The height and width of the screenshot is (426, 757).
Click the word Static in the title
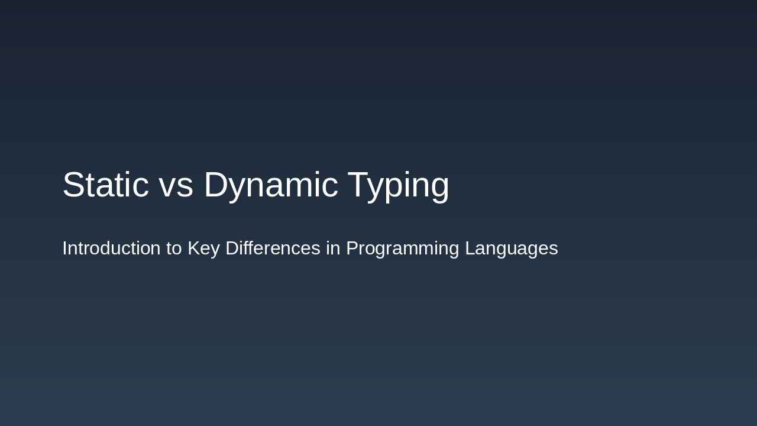click(105, 185)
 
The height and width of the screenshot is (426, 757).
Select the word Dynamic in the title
click(271, 185)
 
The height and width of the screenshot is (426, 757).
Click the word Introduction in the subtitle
click(111, 248)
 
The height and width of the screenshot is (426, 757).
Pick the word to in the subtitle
click(174, 248)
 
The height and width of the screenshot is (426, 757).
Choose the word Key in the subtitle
click(203, 248)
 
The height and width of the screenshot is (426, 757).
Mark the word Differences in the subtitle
click(273, 248)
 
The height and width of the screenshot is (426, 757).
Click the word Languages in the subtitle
click(511, 248)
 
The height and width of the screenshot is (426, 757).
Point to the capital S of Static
click(74, 185)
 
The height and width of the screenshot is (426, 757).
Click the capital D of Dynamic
click(216, 185)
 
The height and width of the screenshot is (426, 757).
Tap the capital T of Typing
click(359, 185)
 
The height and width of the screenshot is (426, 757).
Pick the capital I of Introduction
click(64, 248)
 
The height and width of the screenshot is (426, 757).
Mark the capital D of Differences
click(232, 248)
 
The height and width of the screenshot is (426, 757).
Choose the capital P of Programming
click(352, 248)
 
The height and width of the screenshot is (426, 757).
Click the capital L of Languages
click(470, 248)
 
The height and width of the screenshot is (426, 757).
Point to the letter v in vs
click(167, 187)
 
